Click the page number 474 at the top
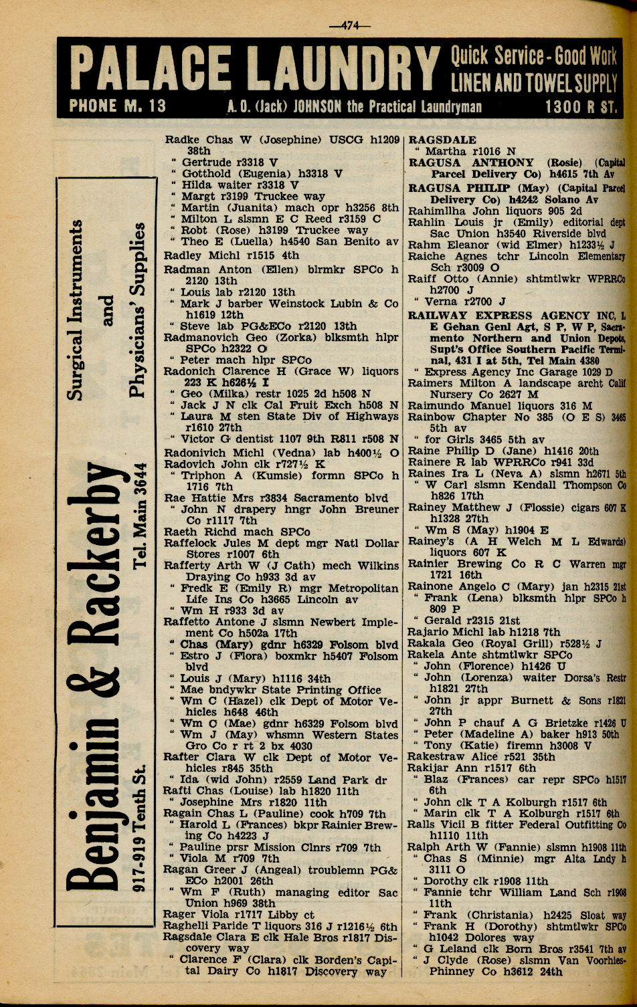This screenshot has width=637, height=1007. [x=349, y=26]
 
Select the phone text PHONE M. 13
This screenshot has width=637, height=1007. [x=118, y=106]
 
